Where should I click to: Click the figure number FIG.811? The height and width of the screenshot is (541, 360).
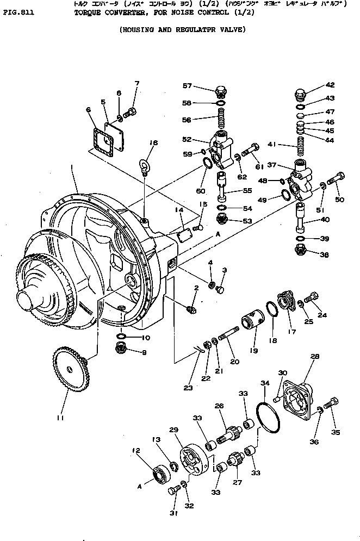point(18,10)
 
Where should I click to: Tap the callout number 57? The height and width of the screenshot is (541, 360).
point(187,86)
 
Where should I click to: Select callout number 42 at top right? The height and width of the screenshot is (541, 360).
point(330,85)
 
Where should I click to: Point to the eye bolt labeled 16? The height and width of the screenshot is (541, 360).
point(144,165)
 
